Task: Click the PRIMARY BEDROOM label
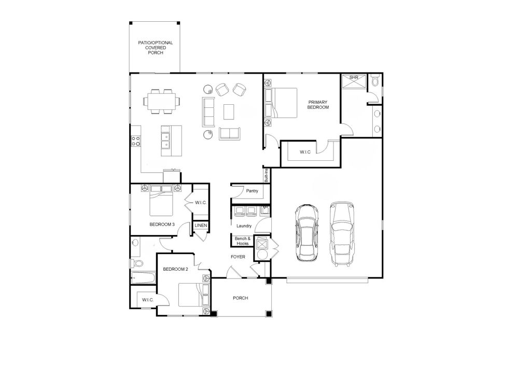tap(318, 104)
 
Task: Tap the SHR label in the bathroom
tap(354, 77)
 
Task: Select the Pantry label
tap(253, 191)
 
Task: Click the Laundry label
tap(244, 226)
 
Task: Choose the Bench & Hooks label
tap(242, 241)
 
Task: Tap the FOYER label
tap(238, 257)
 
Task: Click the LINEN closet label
tap(201, 226)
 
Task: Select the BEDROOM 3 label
tap(162, 225)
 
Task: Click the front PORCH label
tap(240, 298)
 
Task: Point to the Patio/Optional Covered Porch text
tap(155, 47)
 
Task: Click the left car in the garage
tap(305, 232)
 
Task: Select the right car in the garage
tap(342, 233)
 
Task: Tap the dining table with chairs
tap(161, 101)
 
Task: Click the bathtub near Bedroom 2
tap(143, 277)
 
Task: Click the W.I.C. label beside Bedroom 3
tap(201, 203)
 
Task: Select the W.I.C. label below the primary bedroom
tap(305, 152)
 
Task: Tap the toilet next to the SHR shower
tap(376, 80)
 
